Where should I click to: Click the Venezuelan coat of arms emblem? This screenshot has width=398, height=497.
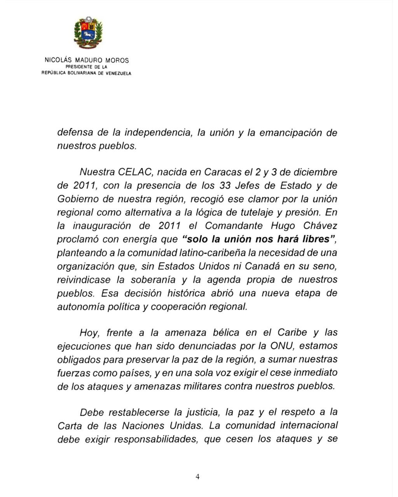click(x=88, y=33)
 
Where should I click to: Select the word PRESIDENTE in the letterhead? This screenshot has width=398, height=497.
click(x=80, y=67)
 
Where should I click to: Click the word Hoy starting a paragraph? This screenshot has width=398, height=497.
click(x=90, y=333)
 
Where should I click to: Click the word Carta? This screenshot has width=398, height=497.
click(x=70, y=426)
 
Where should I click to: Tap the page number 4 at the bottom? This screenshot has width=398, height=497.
click(x=198, y=477)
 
